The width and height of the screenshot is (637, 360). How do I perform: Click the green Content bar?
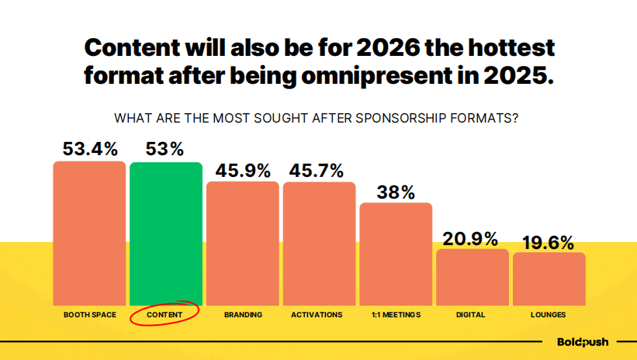pyautogui.click(x=166, y=234)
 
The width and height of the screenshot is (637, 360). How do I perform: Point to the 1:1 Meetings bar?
pyautogui.click(x=396, y=254)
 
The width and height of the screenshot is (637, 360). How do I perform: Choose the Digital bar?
pyautogui.click(x=472, y=277)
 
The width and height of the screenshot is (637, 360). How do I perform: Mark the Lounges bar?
pyautogui.click(x=549, y=279)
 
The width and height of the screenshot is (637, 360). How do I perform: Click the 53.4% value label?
pyautogui.click(x=89, y=149)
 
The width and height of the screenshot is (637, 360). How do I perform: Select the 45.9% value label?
pyautogui.click(x=242, y=170)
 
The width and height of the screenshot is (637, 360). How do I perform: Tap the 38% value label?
pyautogui.click(x=396, y=192)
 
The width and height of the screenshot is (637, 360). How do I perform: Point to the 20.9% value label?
pyautogui.click(x=470, y=239)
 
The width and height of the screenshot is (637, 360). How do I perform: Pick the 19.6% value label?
pyautogui.click(x=548, y=242)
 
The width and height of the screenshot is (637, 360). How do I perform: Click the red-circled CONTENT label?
pyautogui.click(x=165, y=315)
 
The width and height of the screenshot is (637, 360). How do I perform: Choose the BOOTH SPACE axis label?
pyautogui.click(x=89, y=315)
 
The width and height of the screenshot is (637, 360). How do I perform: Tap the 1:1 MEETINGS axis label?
pyautogui.click(x=396, y=315)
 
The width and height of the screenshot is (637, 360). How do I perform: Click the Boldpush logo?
pyautogui.click(x=583, y=341)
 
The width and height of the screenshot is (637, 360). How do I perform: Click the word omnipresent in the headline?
pyautogui.click(x=376, y=78)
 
